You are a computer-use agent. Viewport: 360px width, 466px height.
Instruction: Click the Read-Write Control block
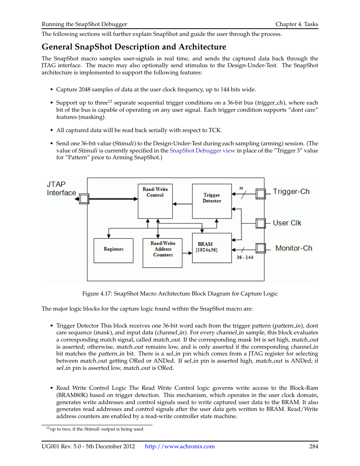pos(155,201)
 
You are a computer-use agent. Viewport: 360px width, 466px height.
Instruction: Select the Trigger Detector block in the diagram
pos(212,201)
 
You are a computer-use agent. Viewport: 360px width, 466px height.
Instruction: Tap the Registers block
pos(113,250)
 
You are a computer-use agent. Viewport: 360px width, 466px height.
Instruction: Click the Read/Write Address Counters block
pos(163,252)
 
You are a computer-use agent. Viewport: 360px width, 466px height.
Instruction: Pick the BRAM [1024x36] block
pos(212,248)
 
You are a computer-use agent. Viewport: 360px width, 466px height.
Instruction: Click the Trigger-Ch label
pos(291,192)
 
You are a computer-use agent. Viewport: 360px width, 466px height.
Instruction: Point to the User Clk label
pos(287,223)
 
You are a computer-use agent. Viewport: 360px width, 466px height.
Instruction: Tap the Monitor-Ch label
pos(294,248)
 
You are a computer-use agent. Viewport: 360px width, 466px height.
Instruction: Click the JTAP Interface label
pos(61,188)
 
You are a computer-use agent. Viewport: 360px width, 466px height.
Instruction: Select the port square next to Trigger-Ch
pos(260,194)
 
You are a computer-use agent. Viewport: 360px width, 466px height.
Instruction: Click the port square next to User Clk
pos(260,223)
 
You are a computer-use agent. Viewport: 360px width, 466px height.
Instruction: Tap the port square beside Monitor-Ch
pos(260,248)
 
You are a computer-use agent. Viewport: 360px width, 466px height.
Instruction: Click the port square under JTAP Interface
pos(84,198)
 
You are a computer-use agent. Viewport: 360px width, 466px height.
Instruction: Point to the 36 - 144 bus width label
pos(245,257)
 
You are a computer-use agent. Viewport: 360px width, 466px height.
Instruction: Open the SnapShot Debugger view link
pos(202,151)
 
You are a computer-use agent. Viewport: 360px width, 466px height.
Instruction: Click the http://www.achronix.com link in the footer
pos(180,446)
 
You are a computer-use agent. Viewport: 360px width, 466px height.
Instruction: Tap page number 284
pos(314,446)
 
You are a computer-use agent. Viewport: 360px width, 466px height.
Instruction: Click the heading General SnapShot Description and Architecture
pos(134,47)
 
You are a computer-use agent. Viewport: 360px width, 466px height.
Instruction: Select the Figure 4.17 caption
pos(180,294)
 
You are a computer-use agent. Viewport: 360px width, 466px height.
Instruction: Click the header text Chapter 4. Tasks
pos(297,24)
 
